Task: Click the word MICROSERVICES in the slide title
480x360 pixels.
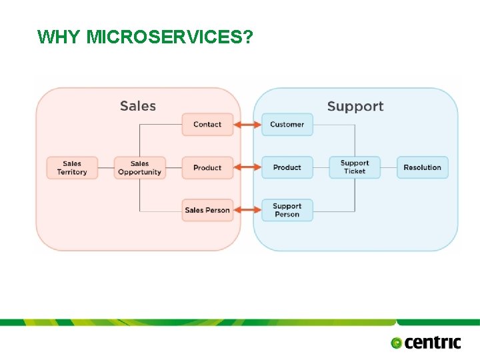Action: tap(169, 37)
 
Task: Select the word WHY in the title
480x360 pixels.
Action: tap(60, 37)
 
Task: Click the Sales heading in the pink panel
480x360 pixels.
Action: tap(138, 106)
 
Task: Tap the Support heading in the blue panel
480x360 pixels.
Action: tap(355, 107)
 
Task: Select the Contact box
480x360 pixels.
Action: tap(207, 125)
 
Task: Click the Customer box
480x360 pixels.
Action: tap(287, 125)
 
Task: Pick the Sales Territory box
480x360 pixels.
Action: tap(72, 168)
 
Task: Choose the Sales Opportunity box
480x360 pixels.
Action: tap(139, 168)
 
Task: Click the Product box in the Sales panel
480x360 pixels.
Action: tap(207, 168)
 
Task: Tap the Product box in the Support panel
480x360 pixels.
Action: tap(287, 168)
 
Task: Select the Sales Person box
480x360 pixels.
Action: tap(207, 211)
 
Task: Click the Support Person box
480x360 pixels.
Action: tap(287, 211)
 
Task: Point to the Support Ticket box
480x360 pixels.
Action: tap(355, 167)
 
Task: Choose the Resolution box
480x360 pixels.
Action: tap(423, 168)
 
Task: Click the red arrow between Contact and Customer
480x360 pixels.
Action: tap(247, 125)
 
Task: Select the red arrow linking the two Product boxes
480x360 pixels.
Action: tap(247, 168)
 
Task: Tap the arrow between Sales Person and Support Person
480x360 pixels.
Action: tap(247, 211)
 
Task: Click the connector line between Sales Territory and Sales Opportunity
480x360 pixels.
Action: tap(106, 168)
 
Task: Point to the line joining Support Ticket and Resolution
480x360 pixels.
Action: tap(389, 168)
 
